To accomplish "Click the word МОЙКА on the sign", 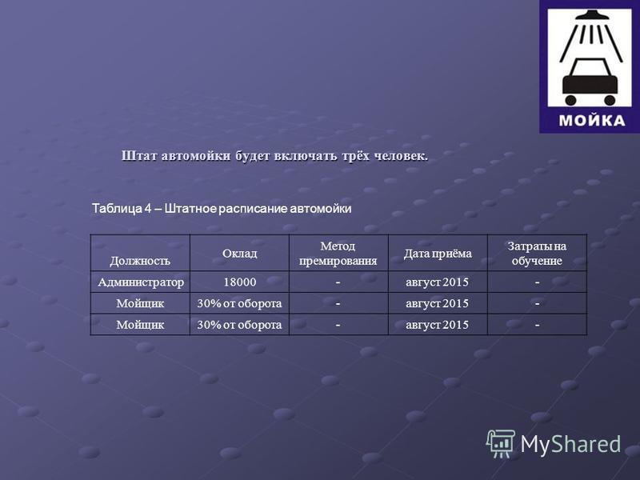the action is tap(592, 121).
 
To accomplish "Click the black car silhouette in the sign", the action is tap(590, 82).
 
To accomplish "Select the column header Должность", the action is tap(139, 261).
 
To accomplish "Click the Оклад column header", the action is tap(239, 254).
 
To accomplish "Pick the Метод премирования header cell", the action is tap(338, 254).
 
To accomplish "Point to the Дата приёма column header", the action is tap(438, 254).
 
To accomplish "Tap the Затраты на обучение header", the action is tap(537, 254).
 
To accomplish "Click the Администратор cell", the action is tap(141, 282).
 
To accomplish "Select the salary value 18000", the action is tap(239, 282).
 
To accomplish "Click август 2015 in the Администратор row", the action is tap(437, 282).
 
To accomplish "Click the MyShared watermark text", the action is tap(570, 444).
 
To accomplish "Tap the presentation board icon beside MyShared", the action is tap(501, 443).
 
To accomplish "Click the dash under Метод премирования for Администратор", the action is tap(338, 282).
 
